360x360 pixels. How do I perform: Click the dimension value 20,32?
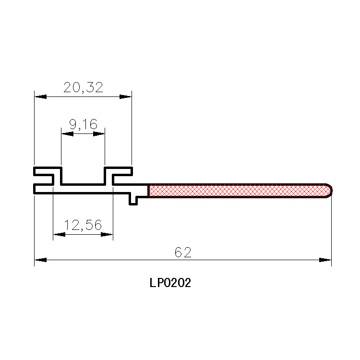[x=83, y=87]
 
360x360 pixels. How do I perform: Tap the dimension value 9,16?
[x=83, y=124]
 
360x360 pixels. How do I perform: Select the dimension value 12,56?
[x=83, y=225]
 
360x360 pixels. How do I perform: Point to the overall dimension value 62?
[x=183, y=252]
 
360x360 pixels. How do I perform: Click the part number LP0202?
[x=170, y=283]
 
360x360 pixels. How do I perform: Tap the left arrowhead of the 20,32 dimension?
[x=40, y=96]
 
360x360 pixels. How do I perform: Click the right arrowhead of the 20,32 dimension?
[x=125, y=96]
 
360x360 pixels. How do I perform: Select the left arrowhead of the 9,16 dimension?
[x=67, y=134]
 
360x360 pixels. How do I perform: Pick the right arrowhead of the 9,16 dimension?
[x=99, y=134]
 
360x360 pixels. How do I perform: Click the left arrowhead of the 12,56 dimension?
[x=59, y=234]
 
